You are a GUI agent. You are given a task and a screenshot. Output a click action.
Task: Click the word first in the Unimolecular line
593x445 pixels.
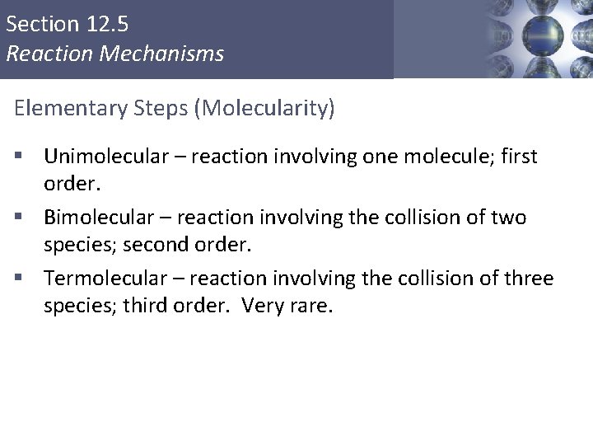coord(516,156)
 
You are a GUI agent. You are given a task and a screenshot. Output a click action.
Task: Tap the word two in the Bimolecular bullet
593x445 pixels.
coord(507,218)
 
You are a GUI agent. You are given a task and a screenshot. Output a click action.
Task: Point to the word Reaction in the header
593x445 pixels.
coord(41,54)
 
